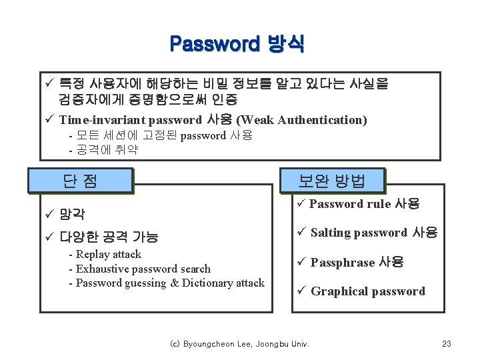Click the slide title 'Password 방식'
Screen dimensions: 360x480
coord(237,45)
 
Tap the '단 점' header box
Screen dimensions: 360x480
coord(80,181)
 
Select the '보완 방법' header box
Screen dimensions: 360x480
coord(332,181)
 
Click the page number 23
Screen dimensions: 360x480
coord(447,344)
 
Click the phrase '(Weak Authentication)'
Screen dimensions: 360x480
coord(302,120)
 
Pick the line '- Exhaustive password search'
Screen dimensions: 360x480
coord(139,269)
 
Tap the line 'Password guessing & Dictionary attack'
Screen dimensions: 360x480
coord(170,283)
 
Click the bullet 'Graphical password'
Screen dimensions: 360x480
coord(367,291)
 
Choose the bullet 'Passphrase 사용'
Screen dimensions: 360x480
coord(357,263)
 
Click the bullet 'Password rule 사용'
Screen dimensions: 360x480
coord(364,204)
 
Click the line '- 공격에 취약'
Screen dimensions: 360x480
coord(103,149)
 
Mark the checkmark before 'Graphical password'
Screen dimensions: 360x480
coord(301,291)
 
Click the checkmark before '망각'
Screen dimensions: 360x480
coord(49,214)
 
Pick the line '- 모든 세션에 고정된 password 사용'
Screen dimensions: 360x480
coord(161,135)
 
